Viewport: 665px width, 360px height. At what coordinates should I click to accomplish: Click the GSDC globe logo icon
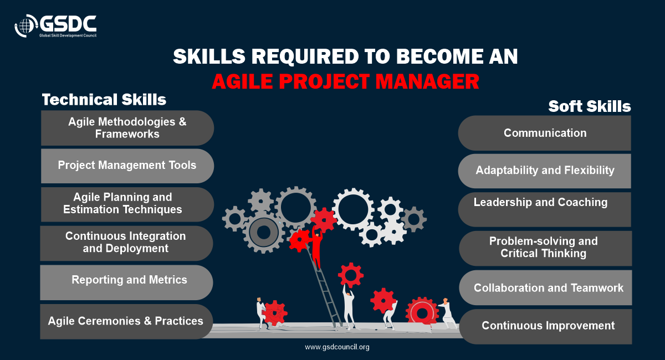(x=26, y=26)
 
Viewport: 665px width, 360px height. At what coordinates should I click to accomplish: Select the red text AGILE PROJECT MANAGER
(x=346, y=81)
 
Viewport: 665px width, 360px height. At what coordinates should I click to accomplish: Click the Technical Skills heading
(x=104, y=100)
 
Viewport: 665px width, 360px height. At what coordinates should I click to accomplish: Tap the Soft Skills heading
(x=589, y=106)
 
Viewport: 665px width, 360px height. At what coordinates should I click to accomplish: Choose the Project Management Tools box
(x=127, y=166)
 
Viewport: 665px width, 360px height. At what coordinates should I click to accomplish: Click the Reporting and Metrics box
(x=126, y=282)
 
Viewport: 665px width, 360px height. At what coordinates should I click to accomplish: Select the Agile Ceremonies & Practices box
(x=126, y=321)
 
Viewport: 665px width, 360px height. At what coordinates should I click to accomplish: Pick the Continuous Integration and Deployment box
(x=126, y=243)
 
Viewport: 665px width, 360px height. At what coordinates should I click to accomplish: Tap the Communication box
(x=544, y=133)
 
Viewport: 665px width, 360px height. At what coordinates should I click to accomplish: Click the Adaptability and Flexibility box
(x=544, y=171)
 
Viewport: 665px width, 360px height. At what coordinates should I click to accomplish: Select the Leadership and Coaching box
(x=544, y=209)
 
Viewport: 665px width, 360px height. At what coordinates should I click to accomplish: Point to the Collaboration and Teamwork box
(x=545, y=287)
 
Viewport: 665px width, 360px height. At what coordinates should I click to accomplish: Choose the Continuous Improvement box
(x=545, y=326)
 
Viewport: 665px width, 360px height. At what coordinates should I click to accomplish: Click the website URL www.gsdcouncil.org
(x=337, y=347)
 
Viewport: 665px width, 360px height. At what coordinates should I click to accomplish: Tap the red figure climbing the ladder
(x=317, y=247)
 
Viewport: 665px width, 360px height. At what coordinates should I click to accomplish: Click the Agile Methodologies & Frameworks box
(x=127, y=128)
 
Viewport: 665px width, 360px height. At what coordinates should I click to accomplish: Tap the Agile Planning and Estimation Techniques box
(x=127, y=204)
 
